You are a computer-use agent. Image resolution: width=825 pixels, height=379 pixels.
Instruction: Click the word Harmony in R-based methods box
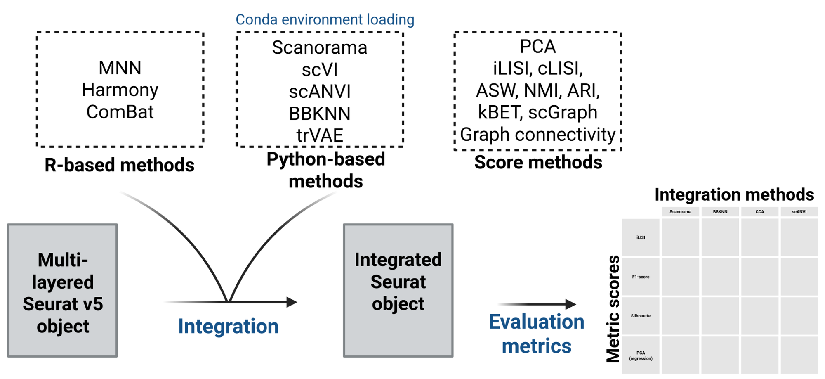[120, 90]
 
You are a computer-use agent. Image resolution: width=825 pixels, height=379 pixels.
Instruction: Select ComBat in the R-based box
[120, 112]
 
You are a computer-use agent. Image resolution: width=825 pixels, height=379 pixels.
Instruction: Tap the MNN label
[120, 68]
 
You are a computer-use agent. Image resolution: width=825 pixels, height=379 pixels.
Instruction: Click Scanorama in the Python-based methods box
[319, 47]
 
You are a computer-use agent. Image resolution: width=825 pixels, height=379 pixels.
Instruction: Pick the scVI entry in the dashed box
[319, 70]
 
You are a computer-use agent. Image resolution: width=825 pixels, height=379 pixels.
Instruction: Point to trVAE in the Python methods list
[319, 135]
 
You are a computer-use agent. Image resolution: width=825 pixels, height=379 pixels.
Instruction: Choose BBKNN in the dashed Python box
[319, 114]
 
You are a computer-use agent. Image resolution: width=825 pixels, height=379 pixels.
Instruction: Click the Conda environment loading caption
[325, 19]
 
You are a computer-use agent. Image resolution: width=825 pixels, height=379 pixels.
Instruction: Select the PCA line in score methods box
[537, 46]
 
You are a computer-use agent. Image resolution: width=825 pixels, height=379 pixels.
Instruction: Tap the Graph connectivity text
[537, 135]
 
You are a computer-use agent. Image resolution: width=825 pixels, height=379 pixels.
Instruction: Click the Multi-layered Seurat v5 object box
[62, 291]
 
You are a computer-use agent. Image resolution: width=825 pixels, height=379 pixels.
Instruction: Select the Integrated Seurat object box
[398, 291]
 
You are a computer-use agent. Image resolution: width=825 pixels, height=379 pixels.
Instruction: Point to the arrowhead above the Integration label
[292, 302]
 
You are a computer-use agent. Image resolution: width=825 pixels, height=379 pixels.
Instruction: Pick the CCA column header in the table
[759, 212]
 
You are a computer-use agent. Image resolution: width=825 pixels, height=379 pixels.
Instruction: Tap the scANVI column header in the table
[799, 212]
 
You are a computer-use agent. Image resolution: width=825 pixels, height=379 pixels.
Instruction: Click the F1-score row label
[641, 277]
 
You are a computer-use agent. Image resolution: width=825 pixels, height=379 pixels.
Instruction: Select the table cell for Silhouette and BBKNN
[720, 316]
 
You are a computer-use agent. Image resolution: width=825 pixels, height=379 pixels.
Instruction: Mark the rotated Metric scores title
[613, 309]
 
